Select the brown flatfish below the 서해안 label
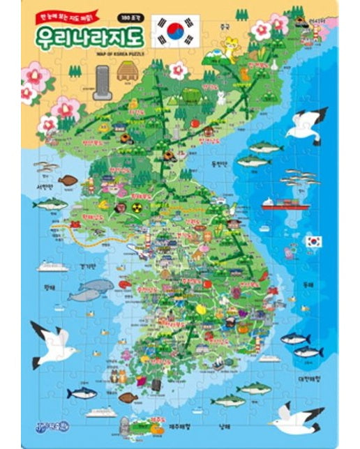(68, 181)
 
